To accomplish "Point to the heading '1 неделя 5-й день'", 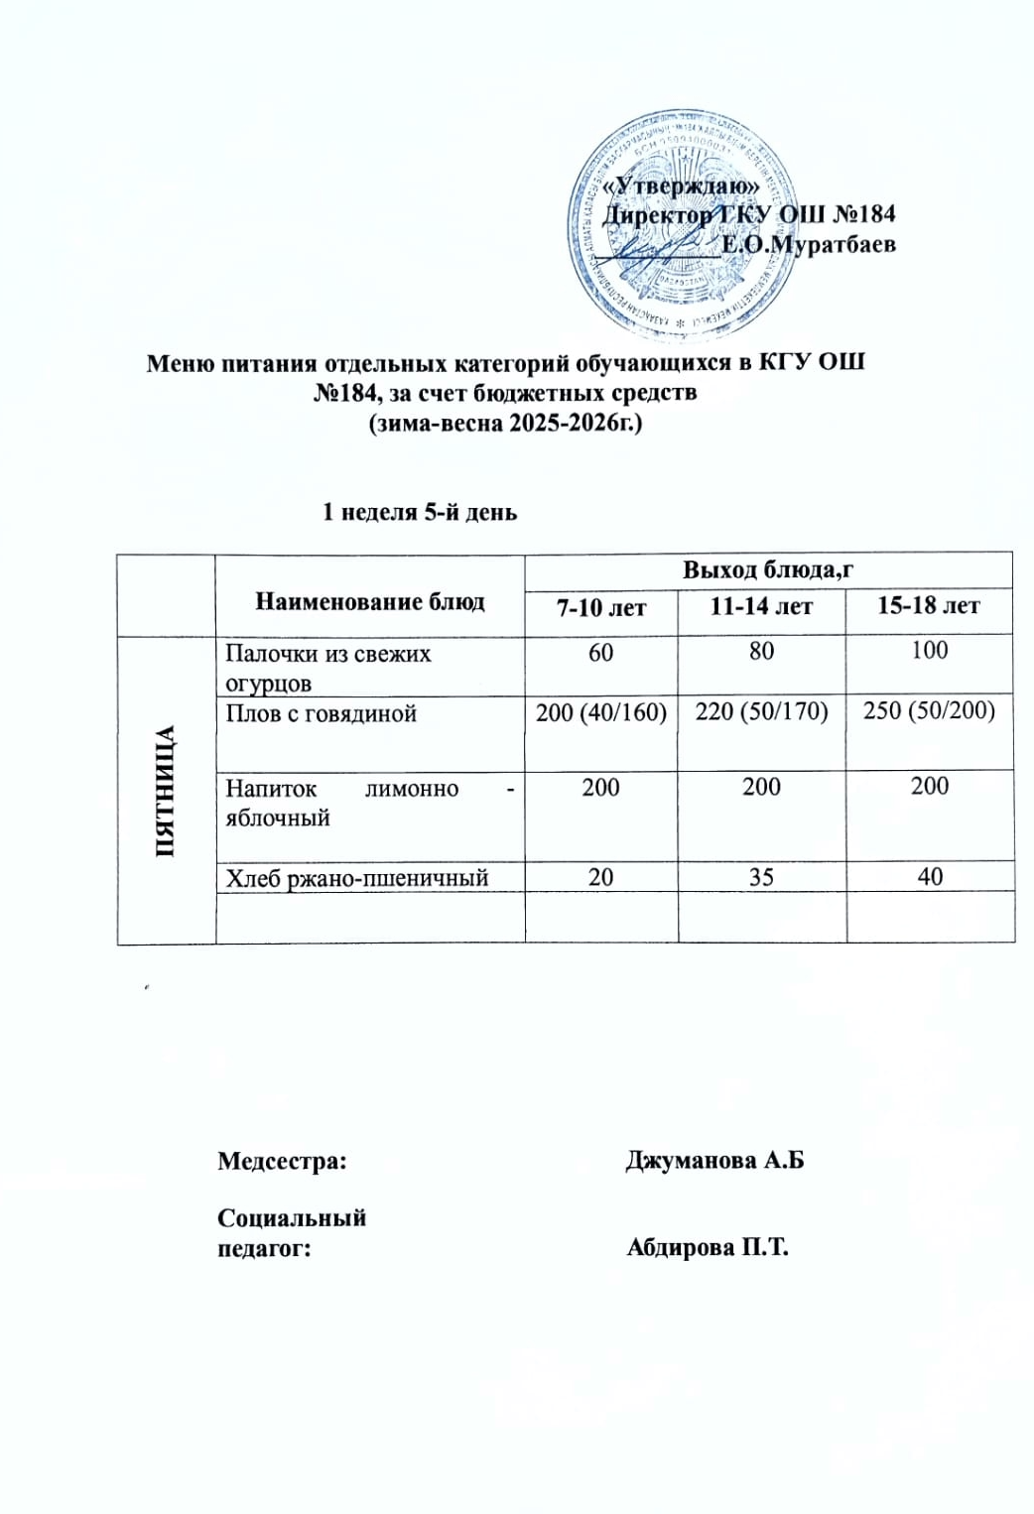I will (418, 513).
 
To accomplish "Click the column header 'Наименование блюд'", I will (370, 601).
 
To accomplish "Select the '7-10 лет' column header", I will (601, 606).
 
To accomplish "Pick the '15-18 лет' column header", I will (929, 605).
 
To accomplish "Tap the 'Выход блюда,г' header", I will (768, 569).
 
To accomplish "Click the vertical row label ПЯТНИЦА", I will (165, 791).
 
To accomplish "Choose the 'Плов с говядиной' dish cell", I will (321, 713).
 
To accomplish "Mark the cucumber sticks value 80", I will (762, 651).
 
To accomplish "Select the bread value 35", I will (762, 876).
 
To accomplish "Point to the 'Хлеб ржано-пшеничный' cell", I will (356, 877).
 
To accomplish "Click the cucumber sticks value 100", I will (930, 651).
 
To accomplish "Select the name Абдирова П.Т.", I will (707, 1247).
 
